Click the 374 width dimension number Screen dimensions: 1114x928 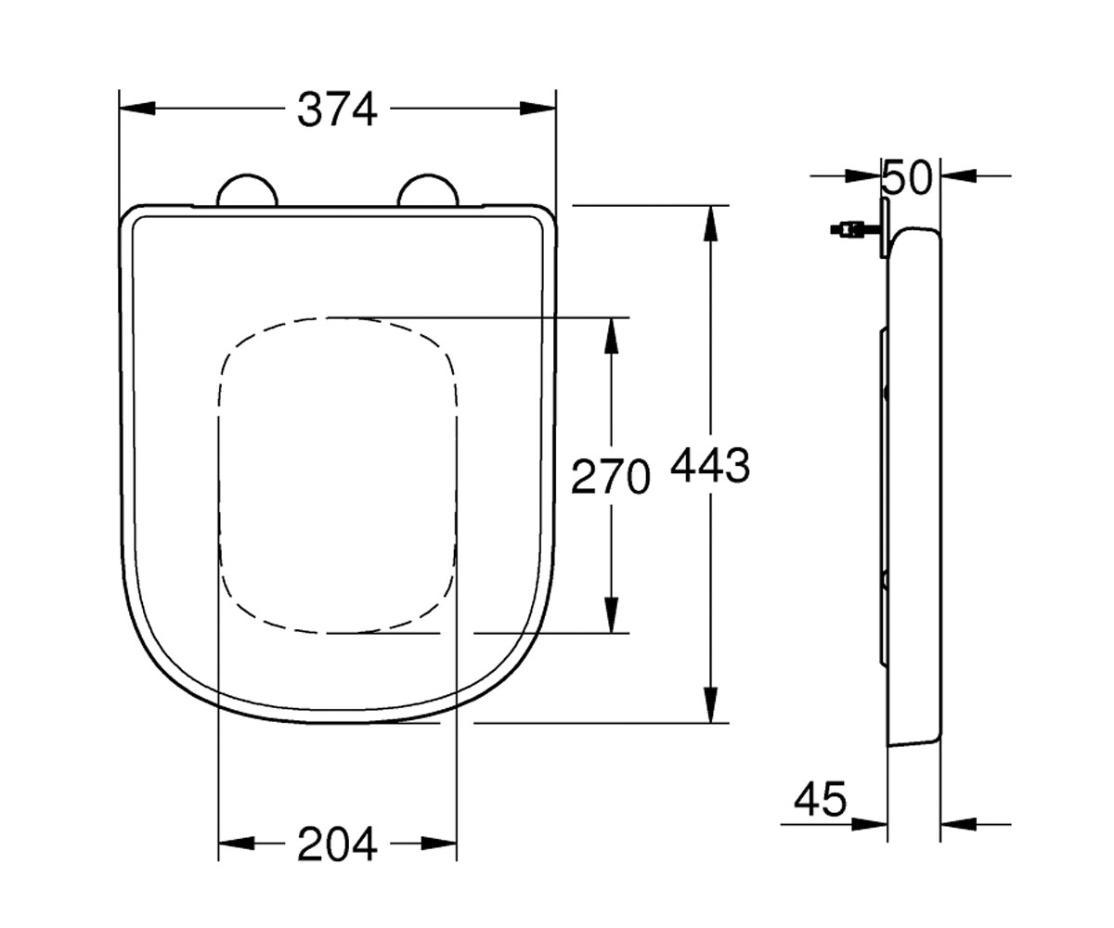tap(337, 110)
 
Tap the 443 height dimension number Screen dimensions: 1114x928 tap(710, 466)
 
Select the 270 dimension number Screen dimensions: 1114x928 tap(611, 476)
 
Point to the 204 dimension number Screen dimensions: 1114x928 tap(337, 844)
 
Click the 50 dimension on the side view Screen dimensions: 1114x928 tap(906, 177)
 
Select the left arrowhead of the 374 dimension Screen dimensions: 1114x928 tap(137, 109)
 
